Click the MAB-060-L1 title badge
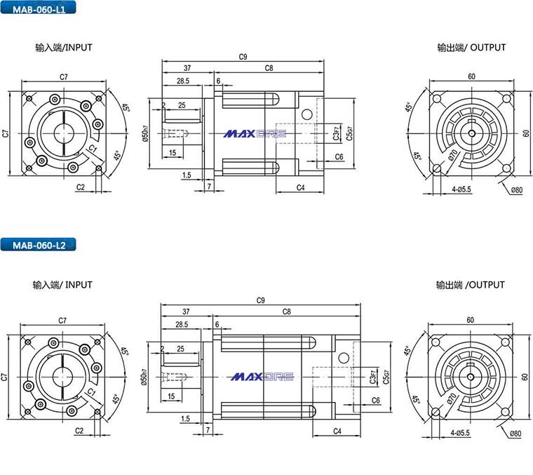(x=38, y=8)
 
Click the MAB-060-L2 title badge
(x=38, y=245)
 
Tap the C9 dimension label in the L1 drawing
(x=243, y=57)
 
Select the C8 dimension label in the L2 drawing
(x=287, y=312)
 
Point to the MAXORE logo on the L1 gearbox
(x=255, y=133)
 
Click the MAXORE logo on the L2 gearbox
(x=262, y=377)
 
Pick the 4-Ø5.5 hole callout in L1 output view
(x=461, y=189)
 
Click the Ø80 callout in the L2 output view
(x=515, y=433)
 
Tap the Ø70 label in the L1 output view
(x=453, y=154)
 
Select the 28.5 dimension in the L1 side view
(x=183, y=81)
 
